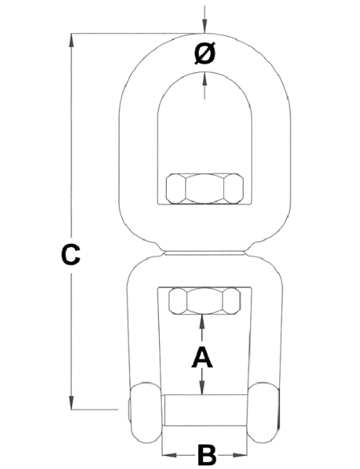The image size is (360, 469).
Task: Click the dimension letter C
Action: click(x=71, y=255)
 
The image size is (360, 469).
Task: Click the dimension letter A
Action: click(x=202, y=357)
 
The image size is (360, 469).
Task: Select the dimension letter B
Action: click(x=207, y=455)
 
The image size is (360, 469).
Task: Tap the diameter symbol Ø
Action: click(x=205, y=53)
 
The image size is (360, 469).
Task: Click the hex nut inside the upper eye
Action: click(x=205, y=188)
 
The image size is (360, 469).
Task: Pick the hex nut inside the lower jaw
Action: click(x=205, y=301)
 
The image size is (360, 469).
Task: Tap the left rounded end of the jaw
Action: click(x=145, y=412)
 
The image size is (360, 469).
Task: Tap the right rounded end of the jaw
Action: click(x=264, y=412)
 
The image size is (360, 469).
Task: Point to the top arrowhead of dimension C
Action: click(x=71, y=40)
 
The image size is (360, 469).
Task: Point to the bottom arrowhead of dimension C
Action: click(x=71, y=403)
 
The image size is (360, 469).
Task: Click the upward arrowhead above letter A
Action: click(x=202, y=321)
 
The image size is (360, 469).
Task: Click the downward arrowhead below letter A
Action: click(x=202, y=388)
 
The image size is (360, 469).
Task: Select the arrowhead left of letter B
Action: click(x=169, y=455)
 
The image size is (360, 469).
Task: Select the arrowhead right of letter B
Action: click(x=241, y=455)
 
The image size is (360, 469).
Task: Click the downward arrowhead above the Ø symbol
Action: click(x=205, y=26)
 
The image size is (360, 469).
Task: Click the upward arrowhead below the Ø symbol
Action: click(x=205, y=78)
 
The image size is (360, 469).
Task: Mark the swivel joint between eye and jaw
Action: click(x=205, y=253)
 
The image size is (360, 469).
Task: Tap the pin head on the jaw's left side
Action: click(x=129, y=409)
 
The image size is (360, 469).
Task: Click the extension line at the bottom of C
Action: click(x=94, y=409)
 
